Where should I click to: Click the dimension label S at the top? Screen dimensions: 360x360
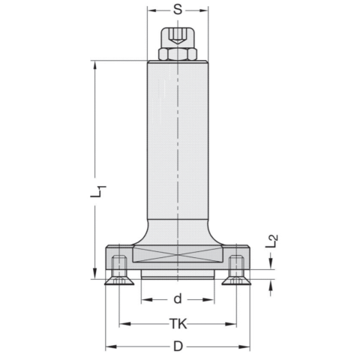click(177, 10)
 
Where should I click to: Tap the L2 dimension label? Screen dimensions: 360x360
click(273, 240)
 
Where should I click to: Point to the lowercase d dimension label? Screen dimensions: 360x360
click(177, 299)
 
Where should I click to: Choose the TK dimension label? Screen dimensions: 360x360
click(177, 324)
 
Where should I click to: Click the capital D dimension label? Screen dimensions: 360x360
click(178, 346)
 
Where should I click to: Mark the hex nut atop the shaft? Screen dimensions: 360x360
click(177, 53)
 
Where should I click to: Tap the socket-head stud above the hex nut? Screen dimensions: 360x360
click(177, 36)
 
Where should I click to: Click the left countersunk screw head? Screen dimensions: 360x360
click(118, 280)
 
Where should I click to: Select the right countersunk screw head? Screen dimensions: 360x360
click(236, 280)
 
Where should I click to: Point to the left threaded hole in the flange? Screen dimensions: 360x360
click(118, 265)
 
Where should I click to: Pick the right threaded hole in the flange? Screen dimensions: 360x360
click(236, 265)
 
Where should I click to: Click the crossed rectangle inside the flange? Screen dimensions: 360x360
click(177, 253)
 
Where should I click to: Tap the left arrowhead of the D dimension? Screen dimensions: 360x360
click(109, 346)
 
